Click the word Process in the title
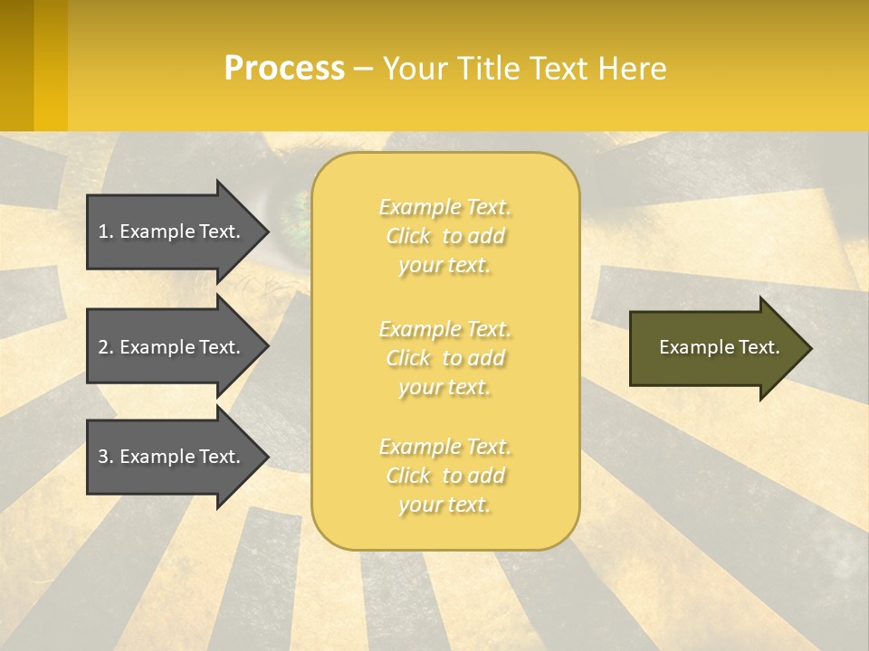pyautogui.click(x=284, y=69)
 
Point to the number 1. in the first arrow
pyautogui.click(x=106, y=231)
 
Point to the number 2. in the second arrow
pyautogui.click(x=106, y=347)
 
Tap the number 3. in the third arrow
pyautogui.click(x=106, y=457)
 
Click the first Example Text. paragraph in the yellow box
pyautogui.click(x=445, y=236)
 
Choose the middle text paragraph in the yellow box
pyautogui.click(x=445, y=358)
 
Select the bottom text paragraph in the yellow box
pyautogui.click(x=445, y=476)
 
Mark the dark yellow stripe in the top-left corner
pyautogui.click(x=16, y=65)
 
